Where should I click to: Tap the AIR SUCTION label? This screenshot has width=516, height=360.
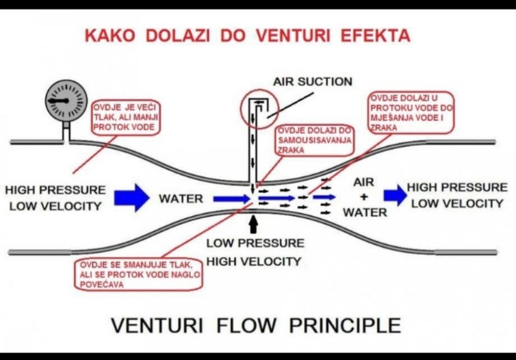click(312, 81)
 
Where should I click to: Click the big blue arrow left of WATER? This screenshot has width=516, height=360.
click(131, 198)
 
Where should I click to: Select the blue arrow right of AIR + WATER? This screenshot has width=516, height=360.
click(395, 194)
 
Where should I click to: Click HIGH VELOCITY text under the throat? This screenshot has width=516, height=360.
click(254, 261)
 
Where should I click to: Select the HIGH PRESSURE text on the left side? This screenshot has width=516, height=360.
click(55, 190)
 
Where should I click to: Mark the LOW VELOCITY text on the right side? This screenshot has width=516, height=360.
click(456, 203)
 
